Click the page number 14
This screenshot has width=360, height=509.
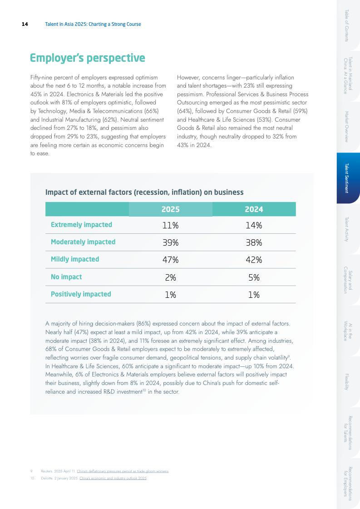[x=25, y=24]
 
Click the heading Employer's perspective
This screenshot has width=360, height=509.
[x=87, y=58]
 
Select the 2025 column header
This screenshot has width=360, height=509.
[x=171, y=209]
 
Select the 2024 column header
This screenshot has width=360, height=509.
[x=254, y=209]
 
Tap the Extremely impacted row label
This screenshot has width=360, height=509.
[x=81, y=225]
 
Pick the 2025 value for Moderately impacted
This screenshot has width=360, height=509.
[x=171, y=242]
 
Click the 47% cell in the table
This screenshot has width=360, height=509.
[x=171, y=260]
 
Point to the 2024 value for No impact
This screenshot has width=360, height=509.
[x=254, y=277]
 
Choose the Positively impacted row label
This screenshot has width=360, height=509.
[x=81, y=294]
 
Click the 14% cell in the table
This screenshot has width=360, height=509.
[x=254, y=225]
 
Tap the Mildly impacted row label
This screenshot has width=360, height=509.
[x=75, y=259]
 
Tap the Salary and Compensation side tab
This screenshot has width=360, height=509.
[x=348, y=279]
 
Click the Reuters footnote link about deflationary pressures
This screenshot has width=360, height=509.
[x=123, y=471]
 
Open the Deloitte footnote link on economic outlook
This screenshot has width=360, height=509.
[x=113, y=478]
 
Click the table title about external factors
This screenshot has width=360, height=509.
[x=144, y=192]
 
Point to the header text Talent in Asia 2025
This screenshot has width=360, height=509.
[x=93, y=24]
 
